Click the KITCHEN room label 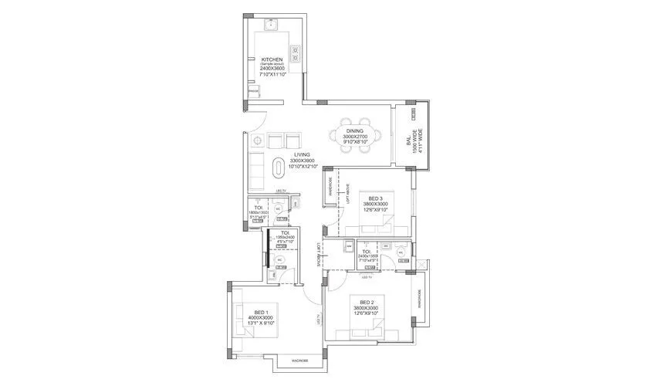(272, 59)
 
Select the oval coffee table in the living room (279, 166)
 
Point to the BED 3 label (376, 198)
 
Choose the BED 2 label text (367, 300)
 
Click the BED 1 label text (260, 312)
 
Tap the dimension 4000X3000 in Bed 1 (260, 318)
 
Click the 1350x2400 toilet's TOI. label (285, 232)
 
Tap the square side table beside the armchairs (256, 141)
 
